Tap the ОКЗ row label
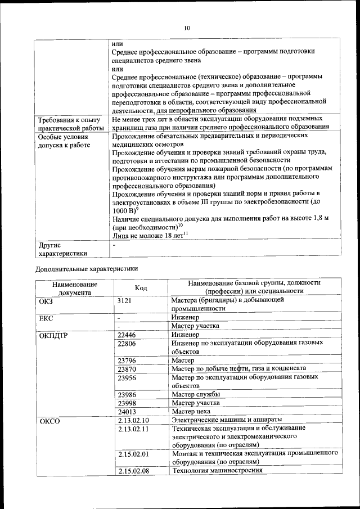coord(46,300)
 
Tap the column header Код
coord(141,287)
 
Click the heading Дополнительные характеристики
coord(87,269)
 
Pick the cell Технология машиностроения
coord(217,471)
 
